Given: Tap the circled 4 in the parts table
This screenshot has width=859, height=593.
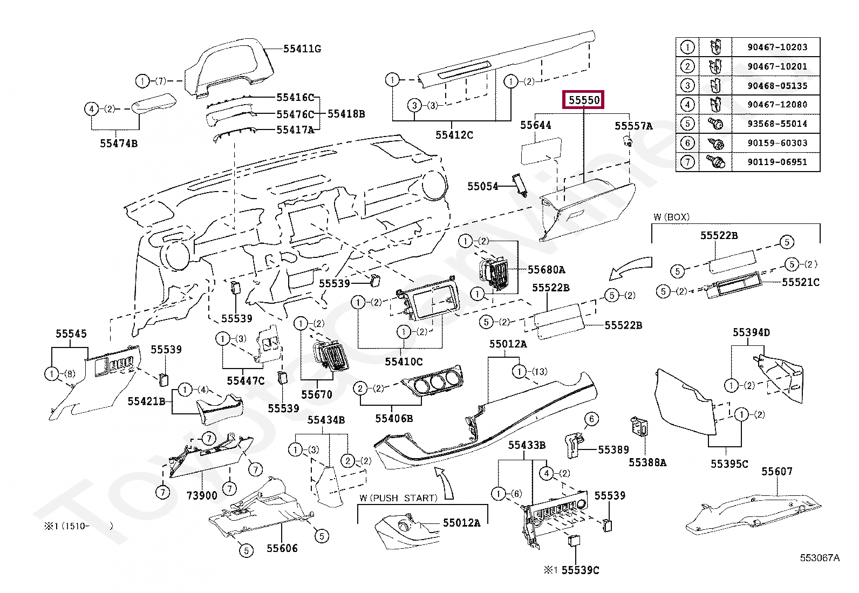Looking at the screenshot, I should tap(687, 105).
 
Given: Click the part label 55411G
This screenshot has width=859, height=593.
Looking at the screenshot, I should tap(302, 49).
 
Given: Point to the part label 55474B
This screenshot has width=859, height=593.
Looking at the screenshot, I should tap(118, 143).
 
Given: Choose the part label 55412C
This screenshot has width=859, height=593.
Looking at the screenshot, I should tap(454, 134).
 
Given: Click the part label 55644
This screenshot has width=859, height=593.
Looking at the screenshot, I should tap(535, 125).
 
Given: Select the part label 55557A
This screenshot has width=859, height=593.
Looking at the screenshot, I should tap(633, 126).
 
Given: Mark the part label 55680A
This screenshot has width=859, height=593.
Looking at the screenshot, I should tap(546, 269).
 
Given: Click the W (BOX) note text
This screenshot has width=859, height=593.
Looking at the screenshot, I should tap(671, 217).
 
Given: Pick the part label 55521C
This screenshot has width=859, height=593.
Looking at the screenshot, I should tap(801, 282).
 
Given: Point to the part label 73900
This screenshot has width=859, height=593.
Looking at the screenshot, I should tap(202, 495).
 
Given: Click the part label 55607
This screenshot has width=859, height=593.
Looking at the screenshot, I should tap(777, 471).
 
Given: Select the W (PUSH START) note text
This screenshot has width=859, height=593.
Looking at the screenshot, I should tap(398, 497).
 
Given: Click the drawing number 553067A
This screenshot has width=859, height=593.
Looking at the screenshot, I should tap(820, 558).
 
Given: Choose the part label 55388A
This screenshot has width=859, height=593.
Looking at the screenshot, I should tap(647, 462).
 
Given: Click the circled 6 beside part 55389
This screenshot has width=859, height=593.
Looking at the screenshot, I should tap(591, 419).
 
